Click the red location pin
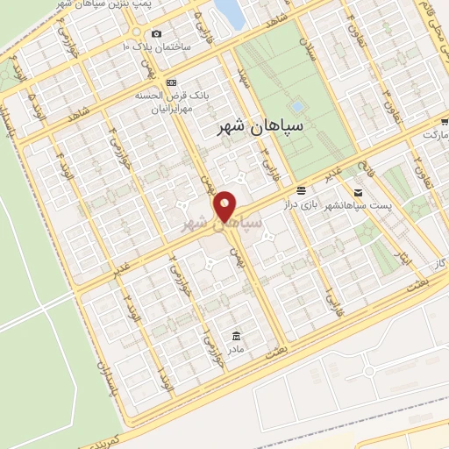point(225,207)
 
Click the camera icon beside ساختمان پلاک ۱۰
point(156,34)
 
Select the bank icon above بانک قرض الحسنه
point(172,83)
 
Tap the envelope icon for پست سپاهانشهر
point(358,192)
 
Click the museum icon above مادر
point(236,336)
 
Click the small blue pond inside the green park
point(297,107)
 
